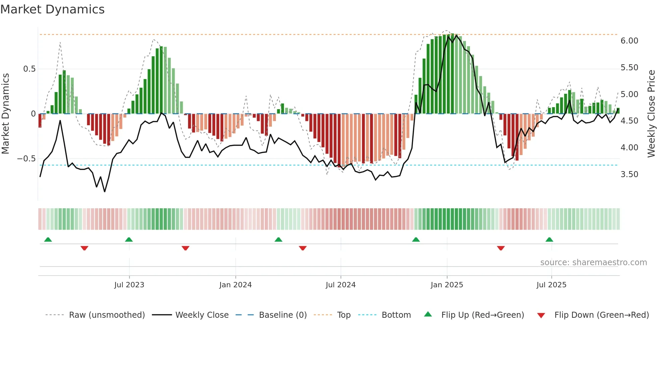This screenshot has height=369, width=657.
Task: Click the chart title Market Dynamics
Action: click(53, 9)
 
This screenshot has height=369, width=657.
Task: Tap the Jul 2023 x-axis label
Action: click(129, 285)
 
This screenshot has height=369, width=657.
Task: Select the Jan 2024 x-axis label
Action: click(235, 285)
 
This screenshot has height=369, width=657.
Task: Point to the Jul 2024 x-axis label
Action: click(341, 285)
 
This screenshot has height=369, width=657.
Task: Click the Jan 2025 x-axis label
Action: click(447, 285)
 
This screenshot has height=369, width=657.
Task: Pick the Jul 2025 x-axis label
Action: click(551, 285)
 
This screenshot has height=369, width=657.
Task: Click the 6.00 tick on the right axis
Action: click(629, 41)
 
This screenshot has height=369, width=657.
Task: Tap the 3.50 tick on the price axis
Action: click(629, 174)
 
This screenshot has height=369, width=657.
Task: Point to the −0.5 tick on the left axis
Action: click(26, 158)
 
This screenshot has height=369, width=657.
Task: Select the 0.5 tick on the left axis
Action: click(29, 69)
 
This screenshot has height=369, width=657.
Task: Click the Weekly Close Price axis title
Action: click(651, 114)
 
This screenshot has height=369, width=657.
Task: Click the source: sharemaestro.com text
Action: click(593, 262)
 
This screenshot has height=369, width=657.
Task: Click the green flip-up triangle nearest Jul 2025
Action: click(549, 239)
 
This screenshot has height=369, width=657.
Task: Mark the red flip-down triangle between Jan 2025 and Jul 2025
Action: click(501, 248)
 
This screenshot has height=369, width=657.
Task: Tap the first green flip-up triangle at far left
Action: click(48, 239)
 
